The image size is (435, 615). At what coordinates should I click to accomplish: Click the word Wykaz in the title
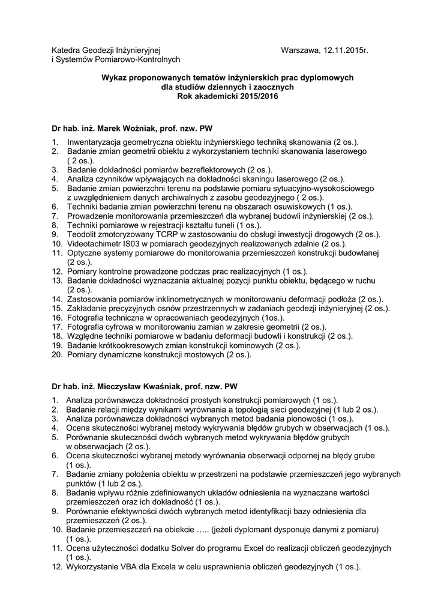point(114,78)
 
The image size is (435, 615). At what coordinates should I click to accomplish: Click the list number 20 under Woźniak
point(56,355)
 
